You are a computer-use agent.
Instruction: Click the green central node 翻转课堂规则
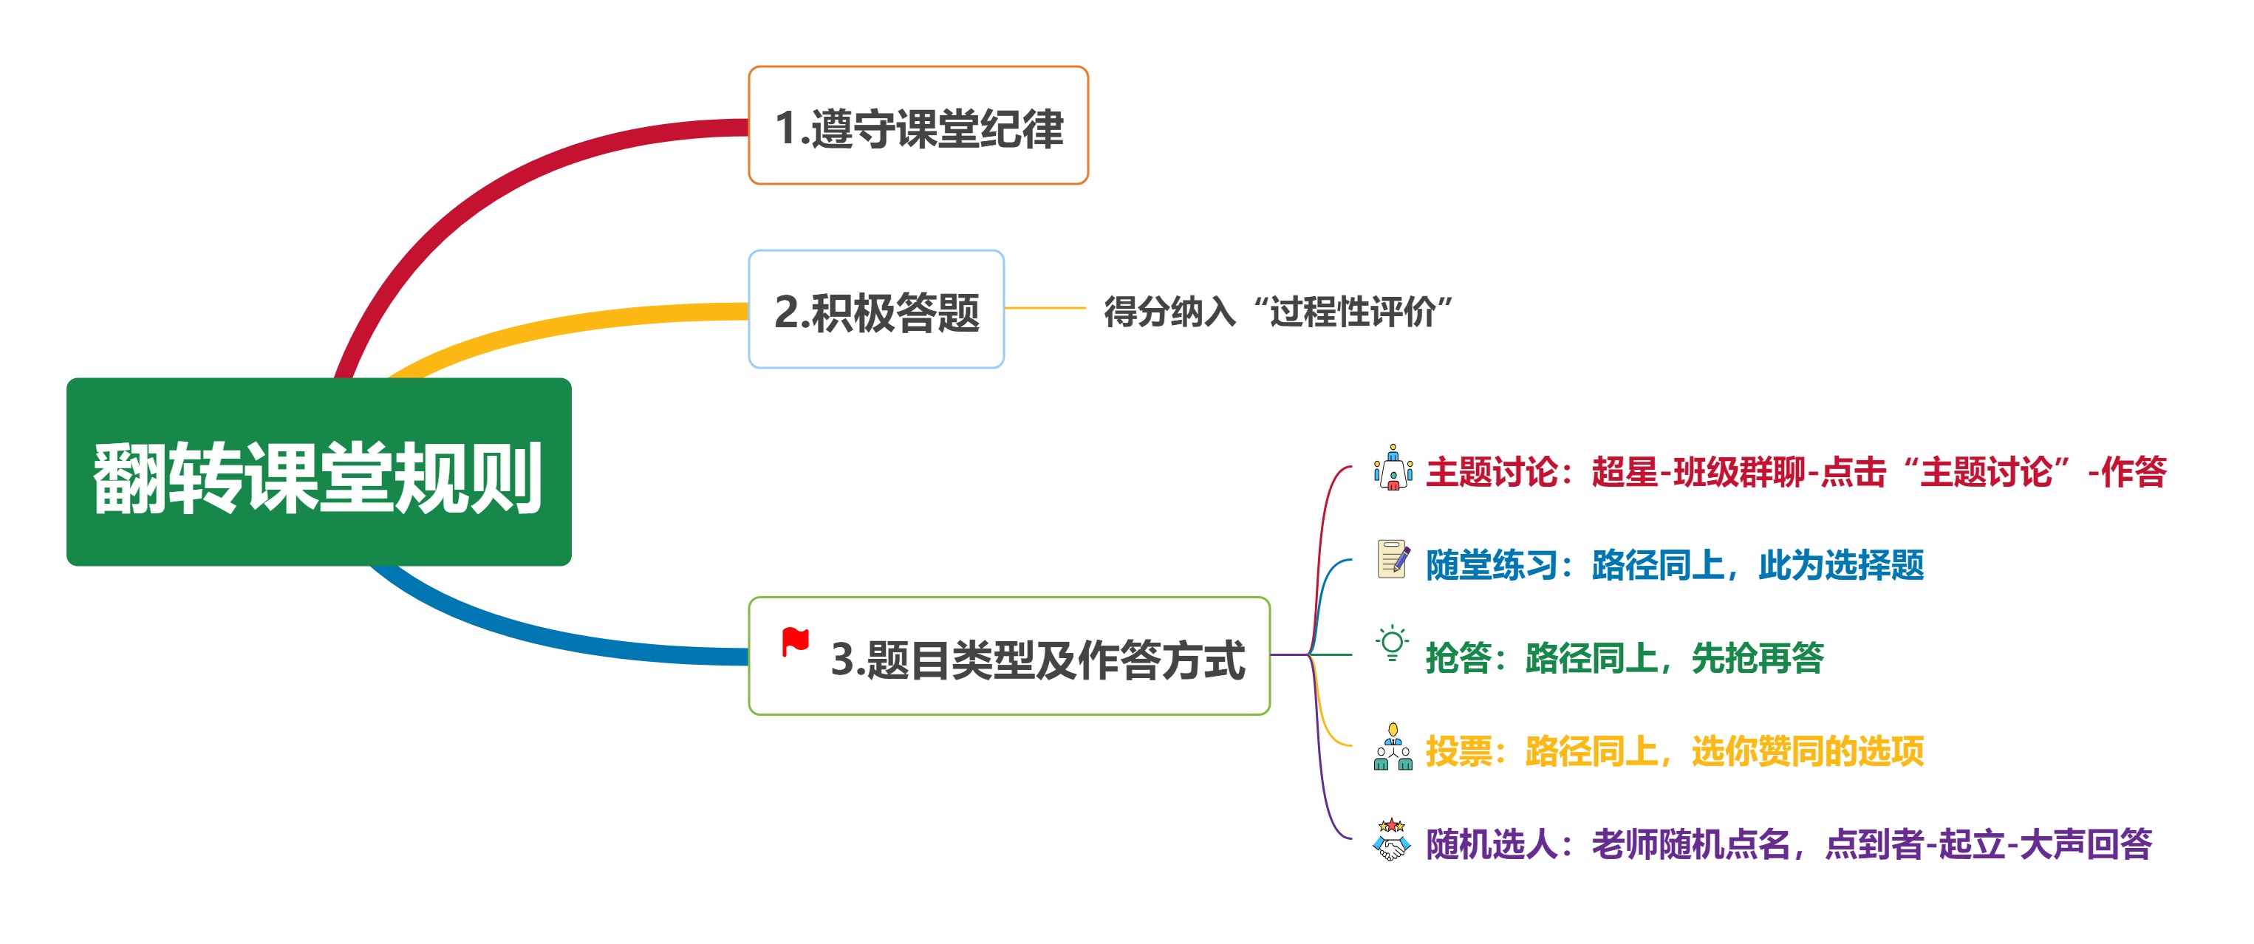318,473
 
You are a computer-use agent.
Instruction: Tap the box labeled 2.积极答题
876,309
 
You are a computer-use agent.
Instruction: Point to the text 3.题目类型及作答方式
1037,660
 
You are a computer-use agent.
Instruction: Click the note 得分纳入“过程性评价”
1277,310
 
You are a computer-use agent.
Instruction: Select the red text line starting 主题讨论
1795,473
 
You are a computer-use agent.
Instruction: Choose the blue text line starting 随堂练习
1674,565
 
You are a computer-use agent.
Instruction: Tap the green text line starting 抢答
1624,658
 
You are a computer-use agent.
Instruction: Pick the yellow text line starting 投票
1674,750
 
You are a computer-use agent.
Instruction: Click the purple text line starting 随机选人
1788,844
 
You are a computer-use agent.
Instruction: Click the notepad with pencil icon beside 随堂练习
1392,559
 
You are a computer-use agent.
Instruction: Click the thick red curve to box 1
490,188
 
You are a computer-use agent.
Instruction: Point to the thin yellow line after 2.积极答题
1045,309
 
